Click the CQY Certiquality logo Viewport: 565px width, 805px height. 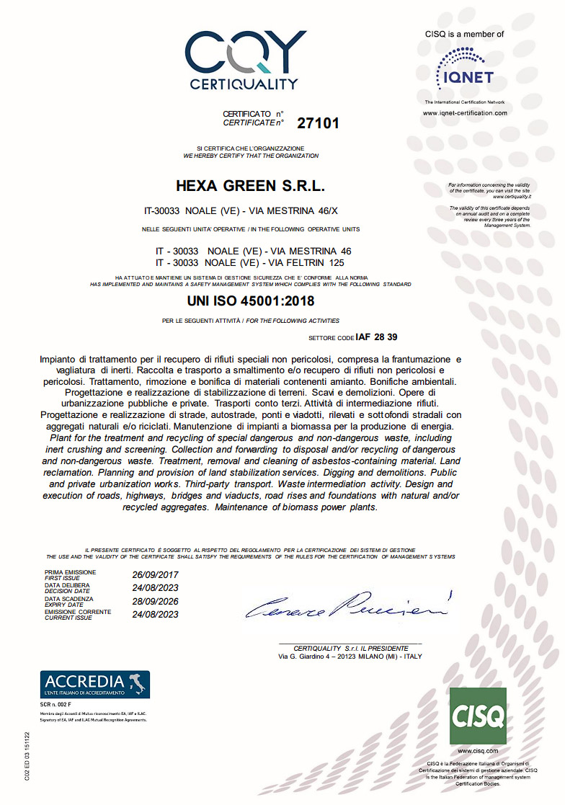tap(244, 60)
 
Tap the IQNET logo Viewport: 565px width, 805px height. tap(464, 69)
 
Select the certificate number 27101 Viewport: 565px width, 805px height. tap(318, 123)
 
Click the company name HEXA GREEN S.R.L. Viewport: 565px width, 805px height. tap(251, 187)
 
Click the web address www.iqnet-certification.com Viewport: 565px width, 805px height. tap(465, 113)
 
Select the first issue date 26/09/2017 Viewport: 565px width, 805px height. tap(155, 575)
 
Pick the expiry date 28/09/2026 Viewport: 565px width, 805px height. tap(155, 601)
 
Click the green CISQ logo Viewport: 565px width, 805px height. tap(478, 716)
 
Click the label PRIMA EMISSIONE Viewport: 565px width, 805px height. tap(70, 572)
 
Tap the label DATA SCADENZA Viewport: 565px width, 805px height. tap(69, 598)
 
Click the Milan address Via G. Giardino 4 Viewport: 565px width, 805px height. tap(350, 657)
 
